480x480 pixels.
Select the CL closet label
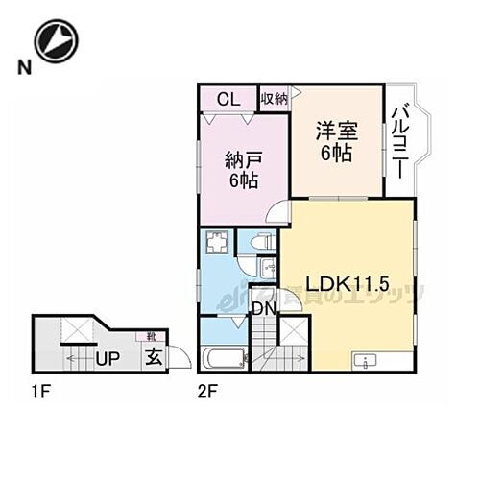[x=228, y=97]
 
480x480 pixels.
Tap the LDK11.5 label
[x=347, y=284]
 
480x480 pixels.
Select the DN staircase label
[x=263, y=309]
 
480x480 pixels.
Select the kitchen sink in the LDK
[x=367, y=362]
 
